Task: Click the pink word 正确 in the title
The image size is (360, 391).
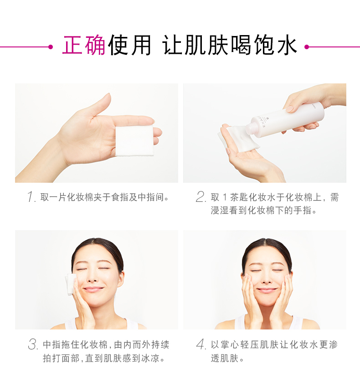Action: pos(84,45)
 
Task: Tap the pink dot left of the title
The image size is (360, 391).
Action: pos(51,46)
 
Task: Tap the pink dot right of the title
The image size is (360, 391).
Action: pos(307,46)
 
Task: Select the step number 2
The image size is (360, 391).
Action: pos(201,197)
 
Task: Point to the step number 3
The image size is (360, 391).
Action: pos(33,345)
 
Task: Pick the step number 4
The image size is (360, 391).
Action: pos(201,345)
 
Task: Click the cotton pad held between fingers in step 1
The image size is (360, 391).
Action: pos(134,141)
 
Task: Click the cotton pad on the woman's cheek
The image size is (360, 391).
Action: pos(71,284)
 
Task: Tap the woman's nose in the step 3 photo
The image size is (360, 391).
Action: pos(93,277)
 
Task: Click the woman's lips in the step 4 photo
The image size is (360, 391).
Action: pos(267,290)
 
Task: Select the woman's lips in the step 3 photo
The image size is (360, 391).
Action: pos(93,289)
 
